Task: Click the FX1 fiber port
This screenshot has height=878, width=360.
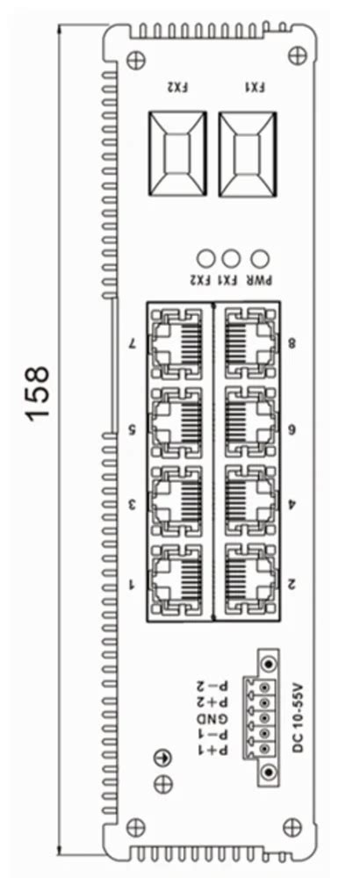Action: tap(247, 153)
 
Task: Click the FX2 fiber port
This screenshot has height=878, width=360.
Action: tap(177, 153)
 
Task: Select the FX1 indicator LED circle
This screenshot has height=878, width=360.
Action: tap(231, 258)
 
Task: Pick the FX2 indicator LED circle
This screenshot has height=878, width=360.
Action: tap(206, 258)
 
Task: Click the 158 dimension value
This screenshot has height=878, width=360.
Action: tap(38, 392)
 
